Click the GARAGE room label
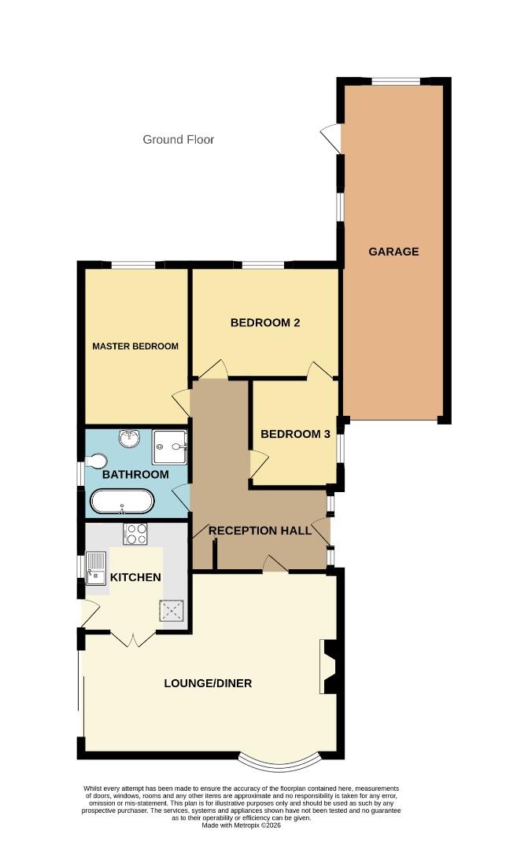(x=393, y=252)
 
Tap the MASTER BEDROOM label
(x=135, y=346)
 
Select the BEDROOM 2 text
(x=265, y=322)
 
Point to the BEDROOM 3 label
(x=295, y=434)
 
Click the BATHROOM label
(x=135, y=475)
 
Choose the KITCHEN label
(x=135, y=577)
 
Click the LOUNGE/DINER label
(x=208, y=683)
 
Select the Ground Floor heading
(x=178, y=140)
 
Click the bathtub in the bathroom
(x=122, y=501)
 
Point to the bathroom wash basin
(x=128, y=438)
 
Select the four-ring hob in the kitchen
(x=135, y=535)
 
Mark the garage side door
(x=330, y=138)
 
